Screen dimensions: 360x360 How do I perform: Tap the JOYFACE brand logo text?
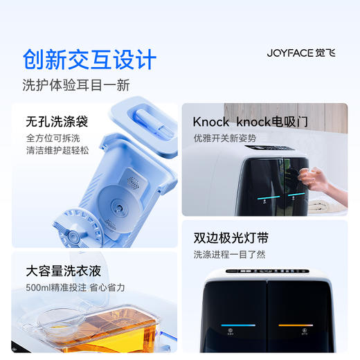[x=291, y=53]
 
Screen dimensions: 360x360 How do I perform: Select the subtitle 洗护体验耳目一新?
[x=76, y=86]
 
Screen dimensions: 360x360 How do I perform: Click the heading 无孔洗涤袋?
[x=57, y=122]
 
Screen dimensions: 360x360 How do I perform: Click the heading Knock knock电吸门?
[x=250, y=122]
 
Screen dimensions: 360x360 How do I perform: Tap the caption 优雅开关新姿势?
[x=224, y=138]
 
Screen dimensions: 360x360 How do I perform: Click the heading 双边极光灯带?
[x=231, y=238]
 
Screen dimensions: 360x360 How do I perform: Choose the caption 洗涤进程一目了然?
[x=229, y=254]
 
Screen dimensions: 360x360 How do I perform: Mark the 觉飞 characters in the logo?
[x=324, y=53]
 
